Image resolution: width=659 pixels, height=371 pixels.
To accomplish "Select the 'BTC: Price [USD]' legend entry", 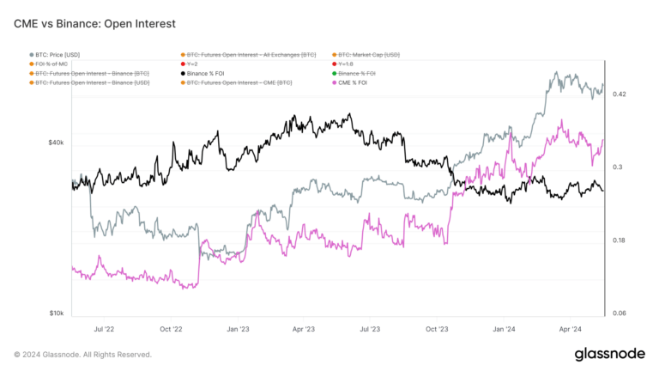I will click(58, 54).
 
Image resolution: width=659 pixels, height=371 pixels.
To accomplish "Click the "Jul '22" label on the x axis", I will click(104, 328).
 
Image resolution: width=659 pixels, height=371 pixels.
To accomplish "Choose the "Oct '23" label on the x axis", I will click(438, 328).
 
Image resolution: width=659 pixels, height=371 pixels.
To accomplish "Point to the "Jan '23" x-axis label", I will click(238, 328).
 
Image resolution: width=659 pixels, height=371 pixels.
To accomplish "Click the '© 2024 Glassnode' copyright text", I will click(83, 354).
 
